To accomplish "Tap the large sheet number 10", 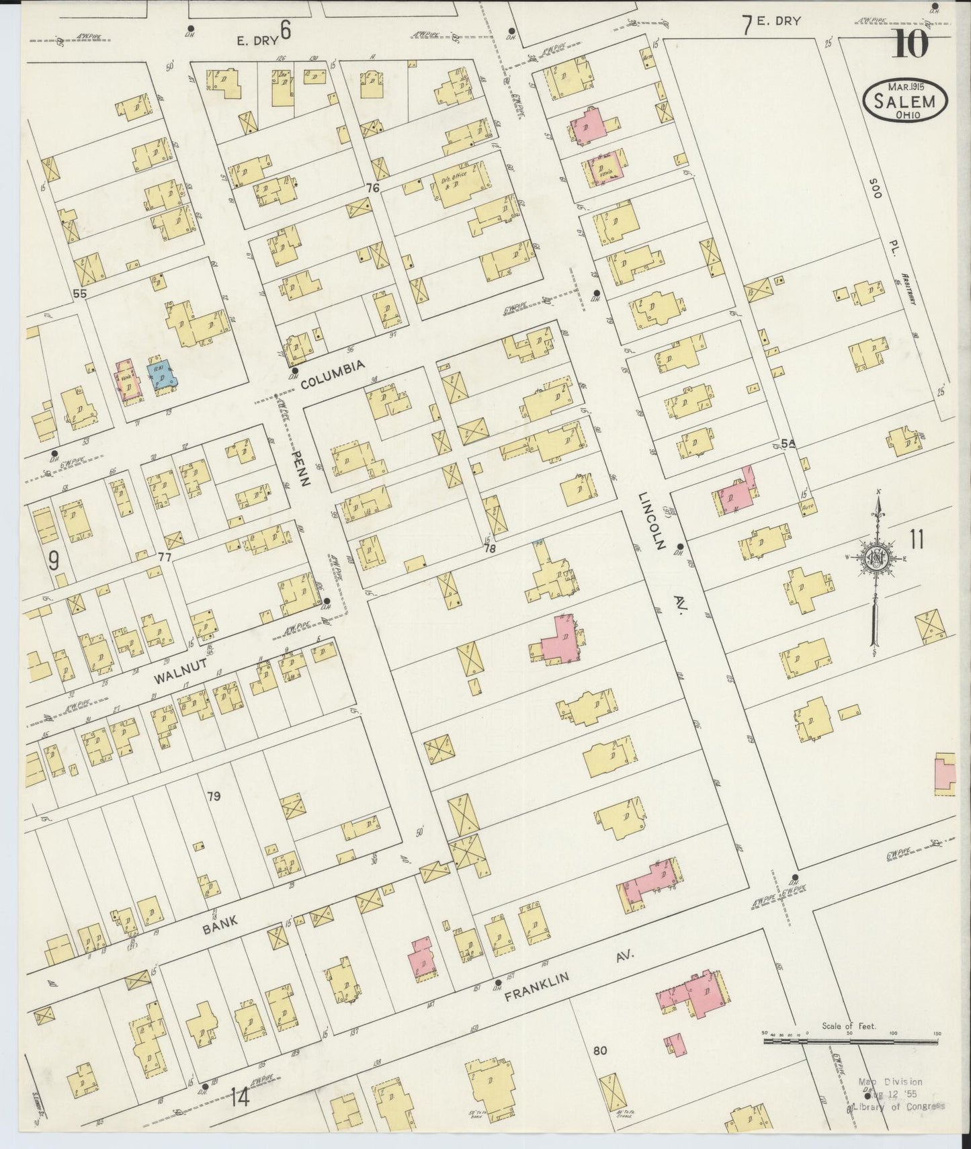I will pos(911,46).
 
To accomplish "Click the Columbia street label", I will pos(332,375).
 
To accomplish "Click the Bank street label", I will pos(220,924).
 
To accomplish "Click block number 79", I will pos(214,797).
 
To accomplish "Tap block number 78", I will pos(489,548).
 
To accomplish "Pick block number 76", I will pos(373,188).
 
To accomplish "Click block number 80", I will pos(600,1067).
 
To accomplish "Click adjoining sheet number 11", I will pos(917,539).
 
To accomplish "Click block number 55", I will pos(81,294).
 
